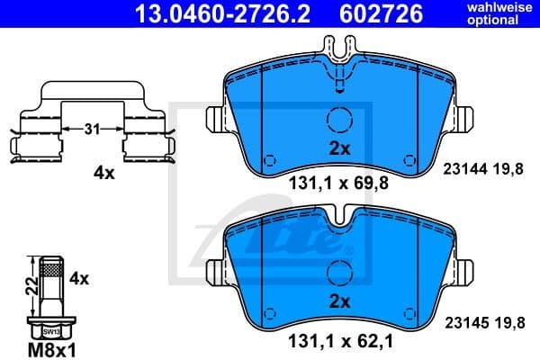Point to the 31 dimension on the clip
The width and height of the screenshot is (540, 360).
click(91, 130)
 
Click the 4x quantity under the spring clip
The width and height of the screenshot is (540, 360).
click(104, 174)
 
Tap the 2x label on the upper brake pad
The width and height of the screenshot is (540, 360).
click(338, 148)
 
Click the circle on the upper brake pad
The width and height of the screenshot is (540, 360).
click(338, 121)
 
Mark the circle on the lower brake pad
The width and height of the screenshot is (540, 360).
click(338, 272)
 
